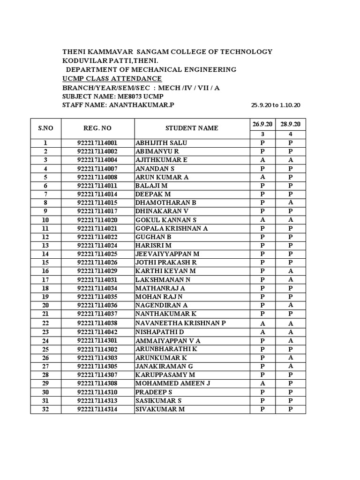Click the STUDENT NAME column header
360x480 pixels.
pos(191,128)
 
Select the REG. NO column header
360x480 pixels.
pos(97,128)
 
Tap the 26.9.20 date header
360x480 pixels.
pos(262,123)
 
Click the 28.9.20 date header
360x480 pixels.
pos(290,123)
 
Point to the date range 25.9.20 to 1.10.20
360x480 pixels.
pos(276,105)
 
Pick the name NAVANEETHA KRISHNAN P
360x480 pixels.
pos(180,323)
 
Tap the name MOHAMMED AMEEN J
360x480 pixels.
pos(172,383)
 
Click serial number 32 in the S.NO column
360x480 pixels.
pos(45,409)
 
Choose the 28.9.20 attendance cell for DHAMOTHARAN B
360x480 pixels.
pos(291,202)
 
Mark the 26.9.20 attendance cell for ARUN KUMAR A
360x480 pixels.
pos(262,177)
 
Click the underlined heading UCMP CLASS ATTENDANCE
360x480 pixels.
pos(112,78)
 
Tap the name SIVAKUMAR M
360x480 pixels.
pos(160,409)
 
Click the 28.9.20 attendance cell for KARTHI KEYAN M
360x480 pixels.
pos(291,271)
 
